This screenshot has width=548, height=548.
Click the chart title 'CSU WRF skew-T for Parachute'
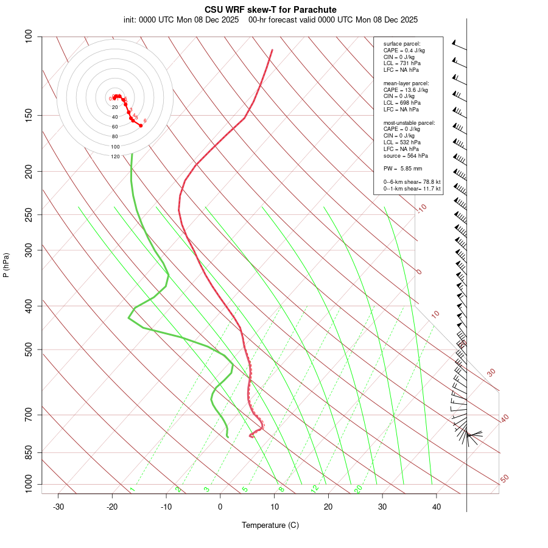(270, 10)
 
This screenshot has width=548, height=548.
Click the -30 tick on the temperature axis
(58, 507)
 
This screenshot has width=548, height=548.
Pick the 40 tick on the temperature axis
(437, 507)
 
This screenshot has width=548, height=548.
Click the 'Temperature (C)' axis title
(270, 525)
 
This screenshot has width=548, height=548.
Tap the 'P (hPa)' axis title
(6, 265)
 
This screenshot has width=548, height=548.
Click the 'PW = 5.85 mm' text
(402, 169)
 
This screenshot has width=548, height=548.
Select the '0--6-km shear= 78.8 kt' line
(412, 182)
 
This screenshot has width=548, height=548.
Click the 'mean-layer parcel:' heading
(406, 83)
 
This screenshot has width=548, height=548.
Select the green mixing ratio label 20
(358, 488)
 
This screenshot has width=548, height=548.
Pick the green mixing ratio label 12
(315, 488)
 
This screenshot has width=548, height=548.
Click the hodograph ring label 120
(115, 156)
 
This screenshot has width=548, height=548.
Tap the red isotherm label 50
(505, 479)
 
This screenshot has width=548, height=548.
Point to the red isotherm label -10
(421, 208)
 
